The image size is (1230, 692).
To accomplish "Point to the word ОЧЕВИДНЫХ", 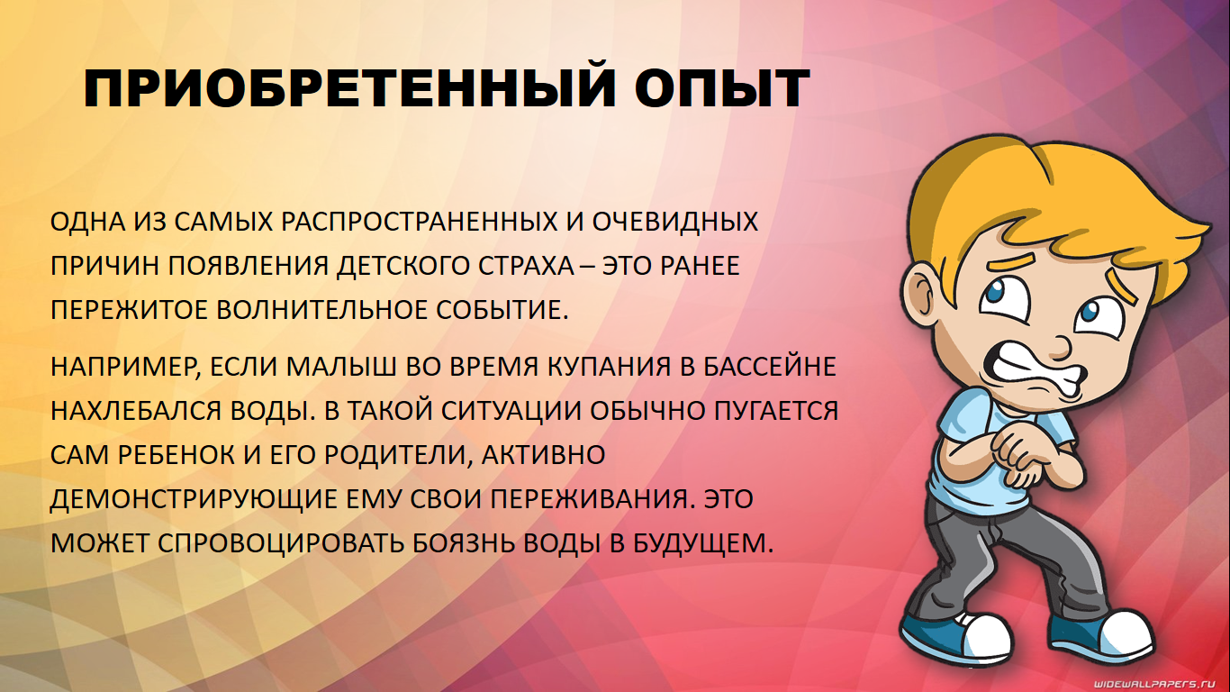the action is point(674,222).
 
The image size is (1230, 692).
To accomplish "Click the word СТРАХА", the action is point(526,266).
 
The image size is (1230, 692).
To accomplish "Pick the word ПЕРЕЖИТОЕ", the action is point(129,310).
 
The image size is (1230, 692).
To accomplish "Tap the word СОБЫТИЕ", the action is point(502,310).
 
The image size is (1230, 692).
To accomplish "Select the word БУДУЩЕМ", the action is point(703,544).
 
